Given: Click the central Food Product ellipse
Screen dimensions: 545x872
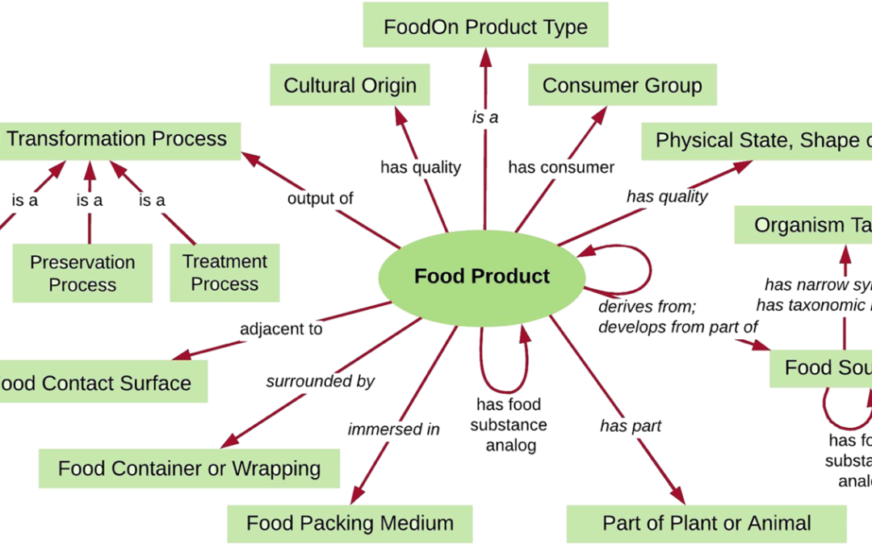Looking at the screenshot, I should (x=481, y=276).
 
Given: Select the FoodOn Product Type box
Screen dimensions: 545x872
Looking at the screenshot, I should (x=485, y=27).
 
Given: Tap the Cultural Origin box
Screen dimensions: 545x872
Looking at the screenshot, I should (x=350, y=86).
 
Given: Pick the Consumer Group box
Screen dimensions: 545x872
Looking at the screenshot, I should (x=622, y=86).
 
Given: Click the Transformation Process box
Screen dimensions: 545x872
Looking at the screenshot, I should (x=117, y=139).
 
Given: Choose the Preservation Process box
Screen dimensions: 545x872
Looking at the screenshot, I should (x=82, y=274).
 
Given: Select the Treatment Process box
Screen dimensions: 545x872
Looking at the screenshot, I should (x=224, y=273).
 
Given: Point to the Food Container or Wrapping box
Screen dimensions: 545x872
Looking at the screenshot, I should (x=189, y=468).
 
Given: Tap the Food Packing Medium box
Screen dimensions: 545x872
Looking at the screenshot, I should (x=349, y=522).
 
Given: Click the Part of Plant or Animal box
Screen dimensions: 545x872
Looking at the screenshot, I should (x=706, y=522).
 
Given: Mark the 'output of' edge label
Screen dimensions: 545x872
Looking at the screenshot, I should (x=320, y=199).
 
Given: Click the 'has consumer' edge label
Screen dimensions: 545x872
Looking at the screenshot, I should (x=561, y=168).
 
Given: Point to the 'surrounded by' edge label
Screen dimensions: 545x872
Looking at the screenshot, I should (x=320, y=381).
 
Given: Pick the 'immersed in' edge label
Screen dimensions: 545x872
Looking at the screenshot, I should (x=393, y=429).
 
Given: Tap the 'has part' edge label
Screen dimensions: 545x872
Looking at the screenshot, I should (x=631, y=426).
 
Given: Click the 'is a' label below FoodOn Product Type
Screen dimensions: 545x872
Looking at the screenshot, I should (x=485, y=118).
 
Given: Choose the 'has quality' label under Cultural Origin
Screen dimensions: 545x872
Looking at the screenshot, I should (x=420, y=168).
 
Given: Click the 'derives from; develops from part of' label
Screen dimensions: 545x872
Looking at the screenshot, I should (x=677, y=317).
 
